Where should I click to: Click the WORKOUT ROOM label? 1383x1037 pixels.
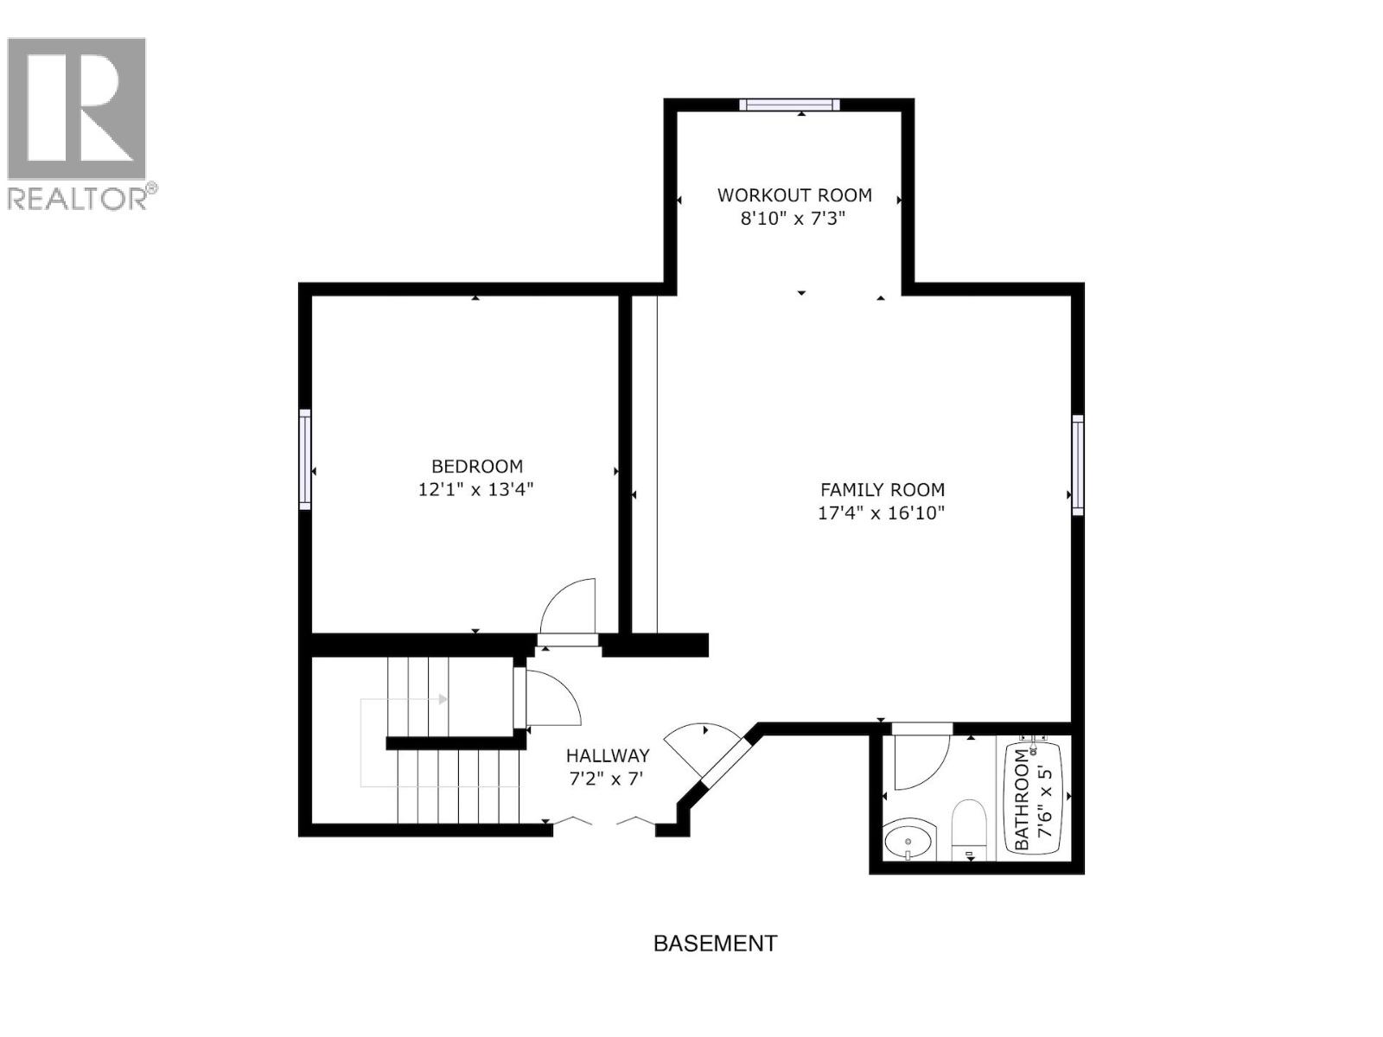coord(794,195)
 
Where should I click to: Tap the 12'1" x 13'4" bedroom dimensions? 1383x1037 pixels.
coord(475,490)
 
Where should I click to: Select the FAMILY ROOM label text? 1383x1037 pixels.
coord(882,490)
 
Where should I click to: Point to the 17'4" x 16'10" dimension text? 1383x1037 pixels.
coord(881,513)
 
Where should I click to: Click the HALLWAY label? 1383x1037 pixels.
coord(607,756)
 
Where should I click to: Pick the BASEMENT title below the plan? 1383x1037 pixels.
coord(715,944)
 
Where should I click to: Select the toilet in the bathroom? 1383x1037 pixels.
coord(969,830)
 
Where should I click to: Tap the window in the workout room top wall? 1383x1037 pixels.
coord(789,105)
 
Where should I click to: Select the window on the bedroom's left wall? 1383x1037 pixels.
coord(305,459)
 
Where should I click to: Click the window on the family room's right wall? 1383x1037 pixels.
coord(1077,465)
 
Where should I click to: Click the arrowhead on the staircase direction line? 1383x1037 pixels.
coord(443,699)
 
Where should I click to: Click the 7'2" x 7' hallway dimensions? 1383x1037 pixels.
coord(607,779)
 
